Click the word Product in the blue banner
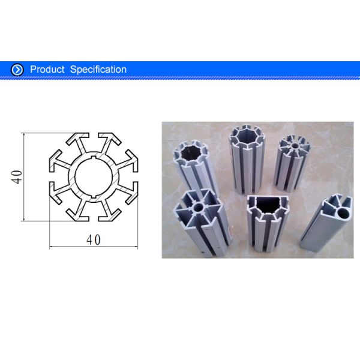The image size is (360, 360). coord(47,70)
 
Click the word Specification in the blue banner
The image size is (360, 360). coord(98,70)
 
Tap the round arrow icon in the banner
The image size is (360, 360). coord(18,70)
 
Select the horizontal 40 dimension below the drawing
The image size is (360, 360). coord(93,239)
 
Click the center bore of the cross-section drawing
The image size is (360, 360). coord(94,176)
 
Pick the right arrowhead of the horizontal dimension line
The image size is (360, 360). coord(137,247)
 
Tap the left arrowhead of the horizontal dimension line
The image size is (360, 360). coord(50,247)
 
